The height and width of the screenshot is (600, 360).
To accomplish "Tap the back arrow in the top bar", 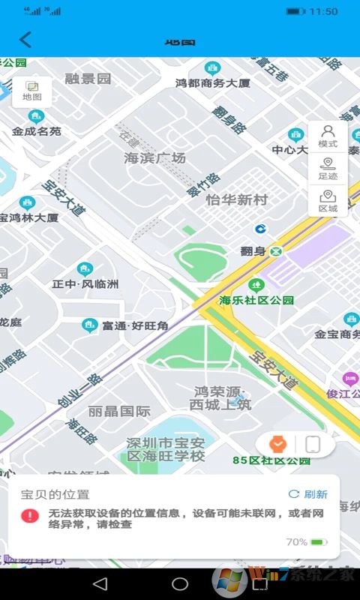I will click(25, 40).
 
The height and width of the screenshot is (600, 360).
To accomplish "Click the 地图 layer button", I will click(32, 91).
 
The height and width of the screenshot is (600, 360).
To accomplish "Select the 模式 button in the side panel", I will click(328, 136).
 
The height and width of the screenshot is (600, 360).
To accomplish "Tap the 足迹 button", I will click(328, 169).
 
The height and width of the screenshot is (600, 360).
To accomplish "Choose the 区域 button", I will click(328, 202).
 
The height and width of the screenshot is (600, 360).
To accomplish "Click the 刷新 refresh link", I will click(308, 494).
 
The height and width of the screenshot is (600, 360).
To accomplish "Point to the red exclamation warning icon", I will click(30, 516).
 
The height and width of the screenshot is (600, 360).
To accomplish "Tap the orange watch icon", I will click(278, 444).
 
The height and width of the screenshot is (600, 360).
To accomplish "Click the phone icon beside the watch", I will click(313, 444).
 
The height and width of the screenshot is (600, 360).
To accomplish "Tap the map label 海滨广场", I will click(154, 158).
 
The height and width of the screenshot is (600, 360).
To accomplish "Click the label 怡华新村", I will click(236, 200).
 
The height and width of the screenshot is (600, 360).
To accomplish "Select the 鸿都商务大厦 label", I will click(213, 83).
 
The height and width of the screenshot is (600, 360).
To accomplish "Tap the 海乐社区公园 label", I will click(256, 300).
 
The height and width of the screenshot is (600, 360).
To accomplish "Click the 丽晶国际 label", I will click(119, 411).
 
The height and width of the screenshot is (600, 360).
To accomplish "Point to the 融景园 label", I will click(88, 78).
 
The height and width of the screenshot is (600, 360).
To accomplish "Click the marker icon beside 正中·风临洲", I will click(85, 269).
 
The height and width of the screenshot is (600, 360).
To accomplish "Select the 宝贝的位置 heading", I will click(55, 494).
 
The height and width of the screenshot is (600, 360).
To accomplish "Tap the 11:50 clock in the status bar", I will click(323, 11).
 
